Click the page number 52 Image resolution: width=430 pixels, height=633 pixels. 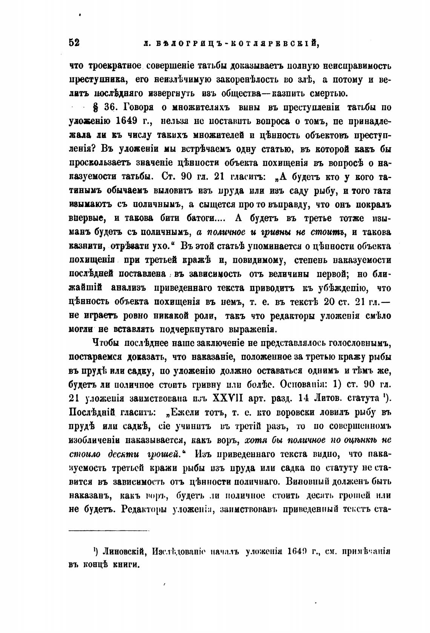point(74,43)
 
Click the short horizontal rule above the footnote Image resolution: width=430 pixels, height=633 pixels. point(109,531)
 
